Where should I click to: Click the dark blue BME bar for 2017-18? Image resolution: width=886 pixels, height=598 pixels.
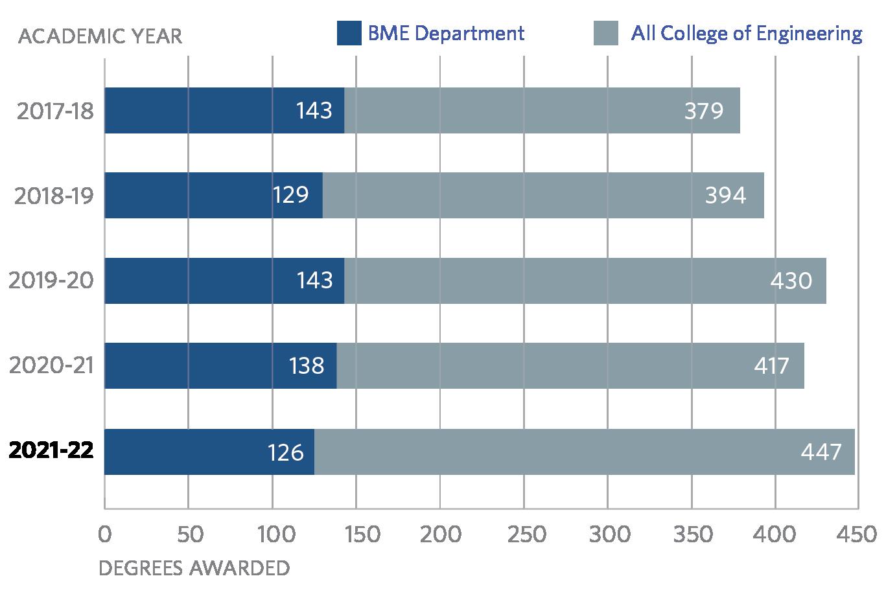click(x=194, y=110)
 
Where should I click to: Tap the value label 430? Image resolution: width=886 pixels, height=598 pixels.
click(x=791, y=281)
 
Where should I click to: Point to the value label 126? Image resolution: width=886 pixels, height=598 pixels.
click(x=286, y=452)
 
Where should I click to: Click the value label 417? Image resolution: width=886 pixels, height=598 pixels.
click(x=771, y=366)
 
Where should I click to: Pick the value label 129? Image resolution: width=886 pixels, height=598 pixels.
click(x=290, y=195)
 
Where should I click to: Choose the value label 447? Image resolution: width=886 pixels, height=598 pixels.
click(x=821, y=452)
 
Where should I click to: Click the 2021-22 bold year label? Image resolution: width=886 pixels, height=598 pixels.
click(x=51, y=450)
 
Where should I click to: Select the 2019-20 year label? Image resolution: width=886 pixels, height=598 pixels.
click(x=51, y=280)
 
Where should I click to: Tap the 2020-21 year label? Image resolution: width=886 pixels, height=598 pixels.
click(x=52, y=365)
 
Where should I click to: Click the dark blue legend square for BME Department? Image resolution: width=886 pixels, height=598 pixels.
click(x=349, y=34)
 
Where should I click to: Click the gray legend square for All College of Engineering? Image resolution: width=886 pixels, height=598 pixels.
click(x=605, y=34)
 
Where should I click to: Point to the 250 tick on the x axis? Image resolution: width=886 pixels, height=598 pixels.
click(x=523, y=535)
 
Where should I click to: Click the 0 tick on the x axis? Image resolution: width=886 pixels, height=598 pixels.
click(x=104, y=535)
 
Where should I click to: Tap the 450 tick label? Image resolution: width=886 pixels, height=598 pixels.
click(x=857, y=535)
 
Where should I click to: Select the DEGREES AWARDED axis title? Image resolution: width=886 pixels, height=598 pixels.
click(x=194, y=569)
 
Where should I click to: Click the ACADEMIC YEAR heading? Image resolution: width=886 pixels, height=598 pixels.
click(x=100, y=36)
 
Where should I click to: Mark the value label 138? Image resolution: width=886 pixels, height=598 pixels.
click(x=307, y=366)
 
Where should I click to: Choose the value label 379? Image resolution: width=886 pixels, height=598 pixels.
click(x=703, y=111)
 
